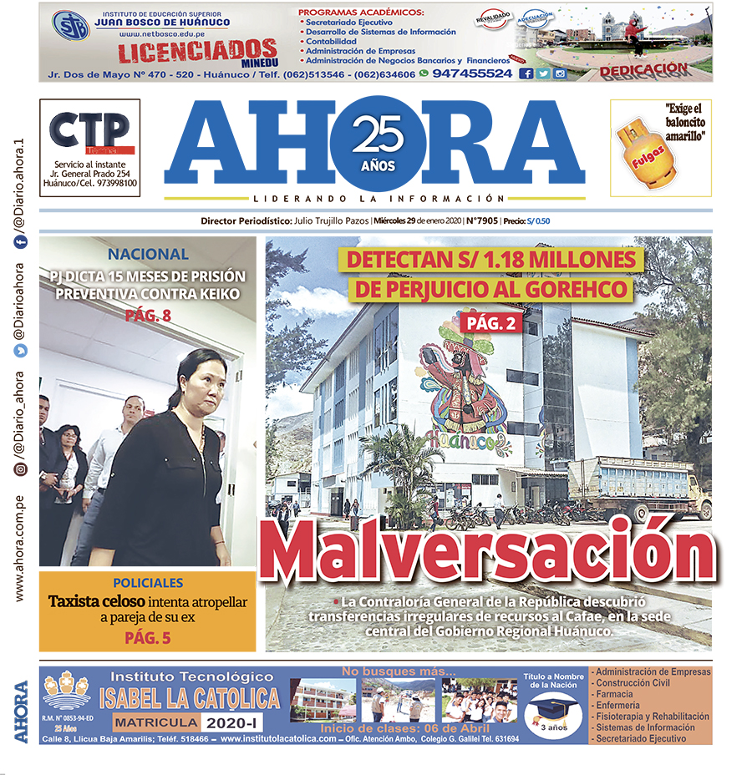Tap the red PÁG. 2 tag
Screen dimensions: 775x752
click(x=488, y=323)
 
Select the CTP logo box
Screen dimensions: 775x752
click(x=90, y=130)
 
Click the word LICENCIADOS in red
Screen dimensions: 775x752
click(x=197, y=52)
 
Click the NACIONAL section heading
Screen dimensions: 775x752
click(x=147, y=255)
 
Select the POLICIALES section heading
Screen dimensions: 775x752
click(x=147, y=583)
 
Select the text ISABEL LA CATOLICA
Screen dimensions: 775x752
click(x=190, y=698)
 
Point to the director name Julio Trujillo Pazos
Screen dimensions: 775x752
click(x=332, y=221)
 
